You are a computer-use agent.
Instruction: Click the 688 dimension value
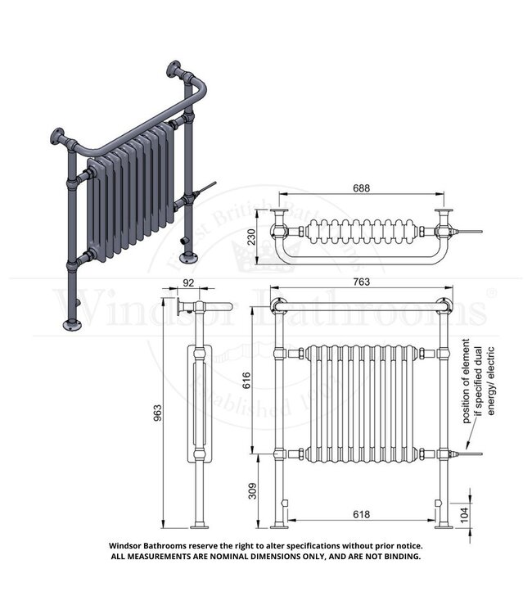point(361,187)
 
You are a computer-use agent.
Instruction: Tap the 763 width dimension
point(361,282)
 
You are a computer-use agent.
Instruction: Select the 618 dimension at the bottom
point(361,514)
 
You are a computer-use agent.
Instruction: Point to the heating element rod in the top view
point(470,232)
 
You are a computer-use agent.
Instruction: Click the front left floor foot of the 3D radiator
point(74,325)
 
